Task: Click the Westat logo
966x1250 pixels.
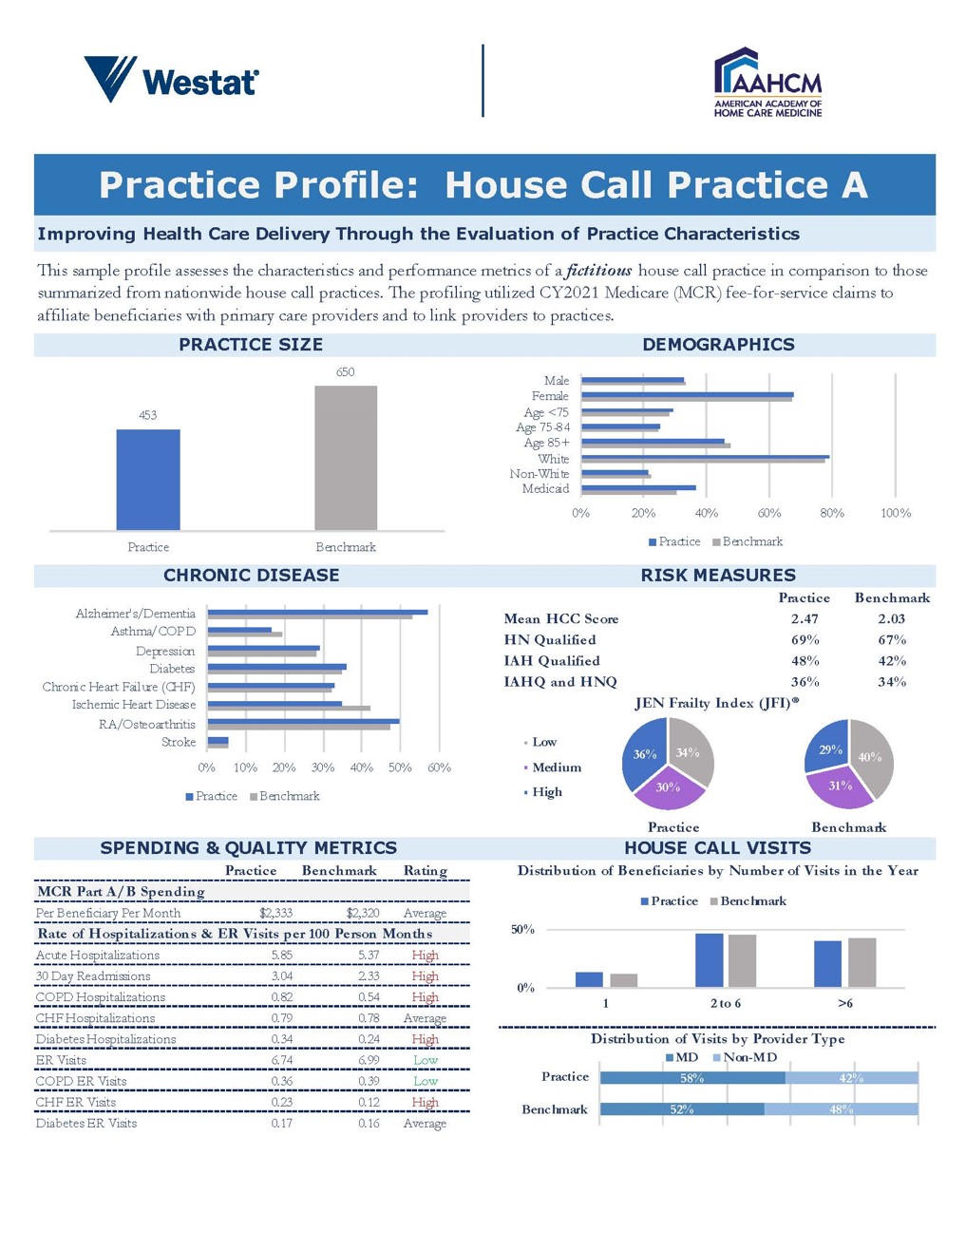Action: click(171, 80)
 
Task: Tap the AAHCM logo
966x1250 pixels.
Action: click(767, 84)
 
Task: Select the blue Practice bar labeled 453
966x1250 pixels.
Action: click(148, 480)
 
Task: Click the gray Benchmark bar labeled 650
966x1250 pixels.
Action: click(346, 458)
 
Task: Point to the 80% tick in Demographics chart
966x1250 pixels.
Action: click(832, 513)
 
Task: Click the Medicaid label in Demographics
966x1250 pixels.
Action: click(545, 489)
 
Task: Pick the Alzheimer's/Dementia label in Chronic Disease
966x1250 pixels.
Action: click(136, 614)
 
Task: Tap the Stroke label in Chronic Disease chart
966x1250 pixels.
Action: click(179, 742)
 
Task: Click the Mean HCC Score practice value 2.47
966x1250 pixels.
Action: click(805, 618)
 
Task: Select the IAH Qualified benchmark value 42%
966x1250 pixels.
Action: click(892, 661)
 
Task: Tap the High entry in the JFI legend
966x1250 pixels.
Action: click(547, 792)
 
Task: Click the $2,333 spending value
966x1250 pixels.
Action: click(275, 913)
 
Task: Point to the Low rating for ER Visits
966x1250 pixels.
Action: click(426, 1060)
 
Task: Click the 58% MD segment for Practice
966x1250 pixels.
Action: click(692, 1078)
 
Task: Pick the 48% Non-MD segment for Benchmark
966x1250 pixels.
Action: click(842, 1109)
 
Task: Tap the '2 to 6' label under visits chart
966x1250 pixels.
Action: click(726, 1004)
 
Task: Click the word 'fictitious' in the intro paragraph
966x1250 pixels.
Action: click(599, 271)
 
